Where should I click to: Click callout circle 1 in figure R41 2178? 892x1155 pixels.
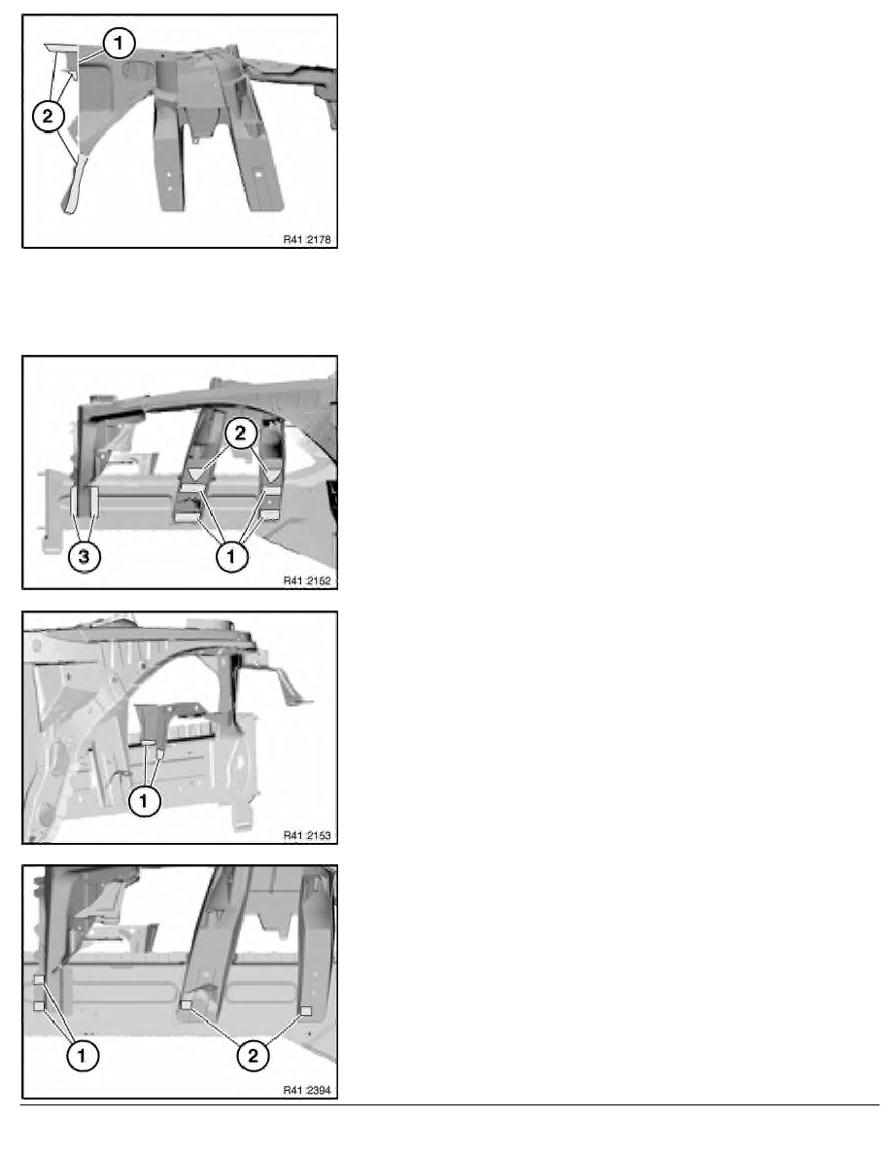(x=119, y=44)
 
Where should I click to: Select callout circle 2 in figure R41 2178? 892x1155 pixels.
(x=49, y=116)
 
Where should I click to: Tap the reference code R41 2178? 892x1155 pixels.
(x=307, y=239)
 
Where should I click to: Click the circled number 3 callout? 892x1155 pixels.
(x=84, y=557)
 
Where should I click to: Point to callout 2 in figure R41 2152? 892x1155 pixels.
(x=241, y=434)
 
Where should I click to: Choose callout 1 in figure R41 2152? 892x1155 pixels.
(x=231, y=557)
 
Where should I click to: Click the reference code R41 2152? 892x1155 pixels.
(x=307, y=580)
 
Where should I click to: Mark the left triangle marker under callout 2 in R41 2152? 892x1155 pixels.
(x=195, y=473)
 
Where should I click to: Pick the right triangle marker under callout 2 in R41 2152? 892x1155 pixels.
(x=273, y=475)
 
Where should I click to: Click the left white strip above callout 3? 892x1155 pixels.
(x=74, y=501)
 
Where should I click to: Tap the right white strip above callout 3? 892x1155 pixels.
(x=93, y=500)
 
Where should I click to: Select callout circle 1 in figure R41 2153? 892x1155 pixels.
(x=144, y=801)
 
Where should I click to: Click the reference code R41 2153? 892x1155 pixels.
(x=307, y=835)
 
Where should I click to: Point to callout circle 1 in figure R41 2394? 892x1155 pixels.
(x=82, y=1056)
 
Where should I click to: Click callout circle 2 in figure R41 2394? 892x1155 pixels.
(x=254, y=1056)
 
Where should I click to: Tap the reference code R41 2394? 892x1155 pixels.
(x=307, y=1090)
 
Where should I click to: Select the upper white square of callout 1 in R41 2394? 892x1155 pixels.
(x=40, y=980)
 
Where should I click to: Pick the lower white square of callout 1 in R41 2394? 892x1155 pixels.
(x=39, y=1005)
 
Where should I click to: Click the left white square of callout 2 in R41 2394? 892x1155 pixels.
(x=187, y=1004)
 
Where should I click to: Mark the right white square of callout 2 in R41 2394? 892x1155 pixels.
(x=306, y=1011)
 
